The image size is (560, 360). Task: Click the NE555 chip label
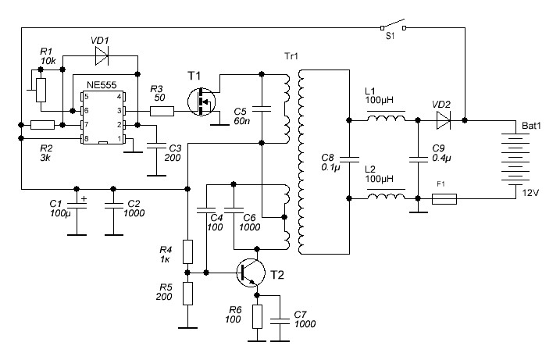point(102,85)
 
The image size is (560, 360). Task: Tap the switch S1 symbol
point(393,25)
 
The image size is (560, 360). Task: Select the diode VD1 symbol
point(102,55)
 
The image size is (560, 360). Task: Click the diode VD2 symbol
point(443,121)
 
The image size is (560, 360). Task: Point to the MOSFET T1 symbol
point(202,102)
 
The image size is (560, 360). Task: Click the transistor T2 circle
point(251,273)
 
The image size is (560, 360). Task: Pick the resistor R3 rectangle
point(162,112)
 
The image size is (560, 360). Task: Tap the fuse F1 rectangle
point(444,199)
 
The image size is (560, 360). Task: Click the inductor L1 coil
point(386,117)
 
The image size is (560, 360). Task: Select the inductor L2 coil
point(386,195)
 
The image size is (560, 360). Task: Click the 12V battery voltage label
point(530,193)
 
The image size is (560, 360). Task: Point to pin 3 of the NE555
point(123,111)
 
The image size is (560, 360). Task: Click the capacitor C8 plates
point(349,159)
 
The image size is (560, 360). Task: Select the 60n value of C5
point(242,121)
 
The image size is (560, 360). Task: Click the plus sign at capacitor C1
point(84,198)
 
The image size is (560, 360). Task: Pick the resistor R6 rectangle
point(257,316)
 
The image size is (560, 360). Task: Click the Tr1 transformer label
point(291,56)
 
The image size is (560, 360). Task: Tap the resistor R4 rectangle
point(188,251)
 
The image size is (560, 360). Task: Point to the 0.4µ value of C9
point(442,158)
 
